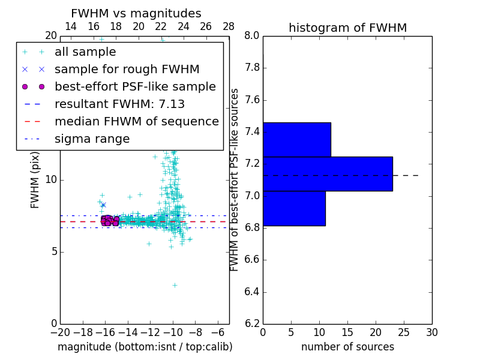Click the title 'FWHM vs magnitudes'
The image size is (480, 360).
[136, 13]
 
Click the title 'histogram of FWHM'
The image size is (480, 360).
[347, 28]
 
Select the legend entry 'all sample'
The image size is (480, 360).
[85, 52]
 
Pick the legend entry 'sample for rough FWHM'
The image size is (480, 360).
[127, 70]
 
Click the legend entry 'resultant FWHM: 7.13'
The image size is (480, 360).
[119, 104]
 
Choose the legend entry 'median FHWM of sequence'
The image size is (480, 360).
[136, 122]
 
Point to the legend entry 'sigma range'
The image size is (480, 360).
[92, 139]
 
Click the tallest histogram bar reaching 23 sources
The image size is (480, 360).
[328, 174]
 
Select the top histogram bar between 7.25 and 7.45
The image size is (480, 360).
[296, 140]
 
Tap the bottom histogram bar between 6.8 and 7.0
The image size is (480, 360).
[294, 208]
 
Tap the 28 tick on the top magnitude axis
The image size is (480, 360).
[229, 26]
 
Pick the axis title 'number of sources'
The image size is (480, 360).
[347, 347]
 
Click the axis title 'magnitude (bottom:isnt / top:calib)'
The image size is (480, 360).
[145, 347]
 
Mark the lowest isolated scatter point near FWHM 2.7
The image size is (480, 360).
[175, 285]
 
